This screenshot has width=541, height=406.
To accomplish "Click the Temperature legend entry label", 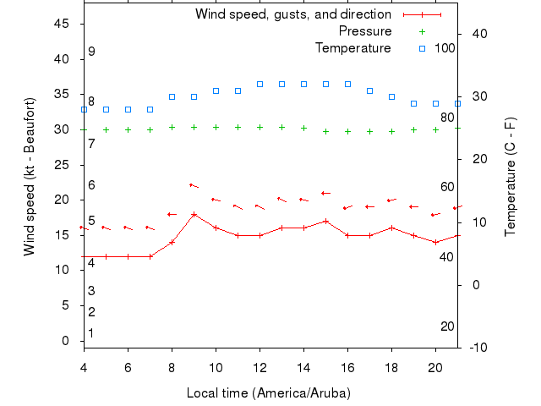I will pyautogui.click(x=352, y=47).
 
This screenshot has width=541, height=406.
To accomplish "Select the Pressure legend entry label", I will pyautogui.click(x=364, y=31).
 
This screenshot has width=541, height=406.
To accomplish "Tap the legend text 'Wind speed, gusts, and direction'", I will pyautogui.click(x=292, y=14).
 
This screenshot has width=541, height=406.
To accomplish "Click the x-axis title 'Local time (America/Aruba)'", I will pyautogui.click(x=268, y=393).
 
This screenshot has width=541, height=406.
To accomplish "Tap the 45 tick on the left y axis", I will pyautogui.click(x=62, y=24).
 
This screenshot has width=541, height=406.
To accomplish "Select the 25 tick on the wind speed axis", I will pyautogui.click(x=62, y=165).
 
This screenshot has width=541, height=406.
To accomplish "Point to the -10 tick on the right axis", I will pyautogui.click(x=475, y=348).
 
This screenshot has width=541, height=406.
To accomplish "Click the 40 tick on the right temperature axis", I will pyautogui.click(x=473, y=34).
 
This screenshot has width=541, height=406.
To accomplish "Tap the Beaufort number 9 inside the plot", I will pyautogui.click(x=91, y=52).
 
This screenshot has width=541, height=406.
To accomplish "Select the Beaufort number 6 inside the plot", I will pyautogui.click(x=91, y=185).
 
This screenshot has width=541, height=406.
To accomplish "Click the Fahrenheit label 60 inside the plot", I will pyautogui.click(x=447, y=187).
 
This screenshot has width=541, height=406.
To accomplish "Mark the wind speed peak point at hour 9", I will pyautogui.click(x=194, y=214).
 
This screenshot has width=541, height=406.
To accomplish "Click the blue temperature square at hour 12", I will pyautogui.click(x=260, y=85).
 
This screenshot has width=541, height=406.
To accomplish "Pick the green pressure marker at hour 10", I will pyautogui.click(x=216, y=127).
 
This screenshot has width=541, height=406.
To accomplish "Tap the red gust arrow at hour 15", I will pyautogui.click(x=325, y=194).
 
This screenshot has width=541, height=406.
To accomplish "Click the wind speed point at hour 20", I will pyautogui.click(x=435, y=242).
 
